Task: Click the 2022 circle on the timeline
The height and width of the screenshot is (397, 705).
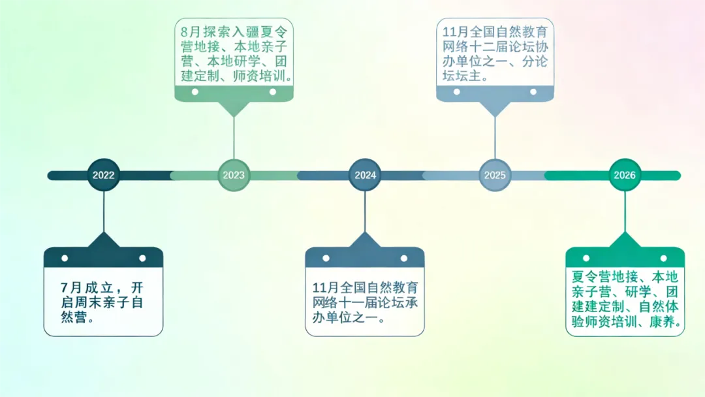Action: point(103,175)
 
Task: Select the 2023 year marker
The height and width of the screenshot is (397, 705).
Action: point(234,175)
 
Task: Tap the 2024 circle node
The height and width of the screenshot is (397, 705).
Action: point(365,175)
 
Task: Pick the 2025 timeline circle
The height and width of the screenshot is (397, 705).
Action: point(495,175)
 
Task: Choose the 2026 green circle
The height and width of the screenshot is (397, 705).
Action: point(625,175)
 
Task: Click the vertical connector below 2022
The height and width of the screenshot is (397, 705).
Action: point(104,212)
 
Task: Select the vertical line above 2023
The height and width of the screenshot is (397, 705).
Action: point(234,137)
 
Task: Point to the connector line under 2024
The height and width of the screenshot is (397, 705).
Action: point(365,212)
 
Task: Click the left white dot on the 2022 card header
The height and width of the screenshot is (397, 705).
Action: point(65,258)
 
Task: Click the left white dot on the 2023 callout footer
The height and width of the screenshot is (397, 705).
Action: point(195,92)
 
